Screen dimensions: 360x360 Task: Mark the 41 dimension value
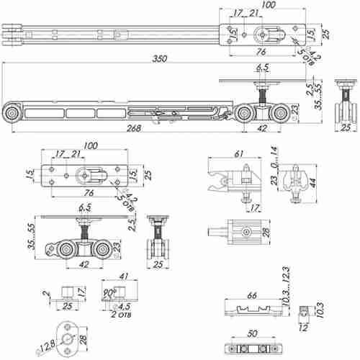pyautogui.click(x=124, y=276)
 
